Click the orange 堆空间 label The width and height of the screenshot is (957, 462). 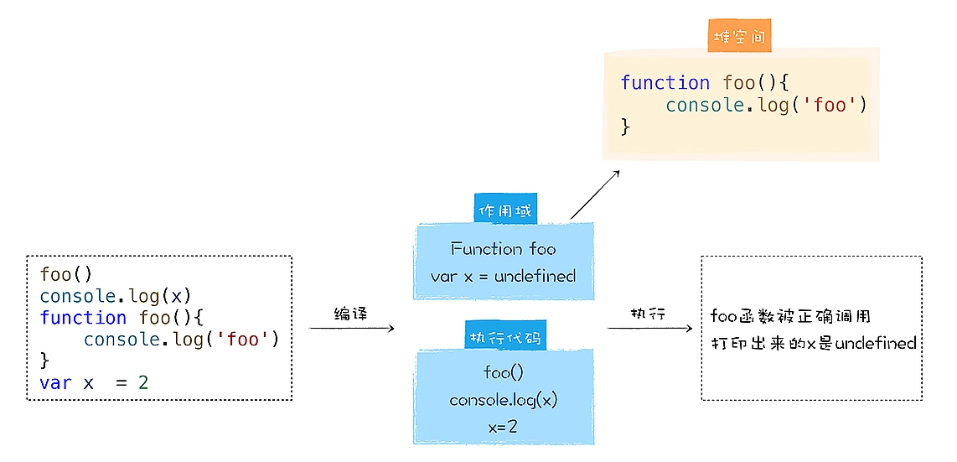click(738, 38)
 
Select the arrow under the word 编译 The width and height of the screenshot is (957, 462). click(351, 328)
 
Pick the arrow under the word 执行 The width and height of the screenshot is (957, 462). click(649, 328)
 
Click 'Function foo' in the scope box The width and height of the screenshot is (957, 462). click(503, 249)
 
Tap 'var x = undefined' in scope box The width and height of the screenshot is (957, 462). click(503, 276)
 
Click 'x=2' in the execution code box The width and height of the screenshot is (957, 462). click(503, 427)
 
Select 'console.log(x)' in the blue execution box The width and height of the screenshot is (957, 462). click(503, 400)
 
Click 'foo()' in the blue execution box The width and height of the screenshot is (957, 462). click(503, 372)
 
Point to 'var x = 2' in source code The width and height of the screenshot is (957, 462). click(93, 382)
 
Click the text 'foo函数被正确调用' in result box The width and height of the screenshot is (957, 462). click(790, 316)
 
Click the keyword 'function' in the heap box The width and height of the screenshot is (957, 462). click(665, 83)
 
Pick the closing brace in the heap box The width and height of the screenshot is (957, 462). click(625, 127)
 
